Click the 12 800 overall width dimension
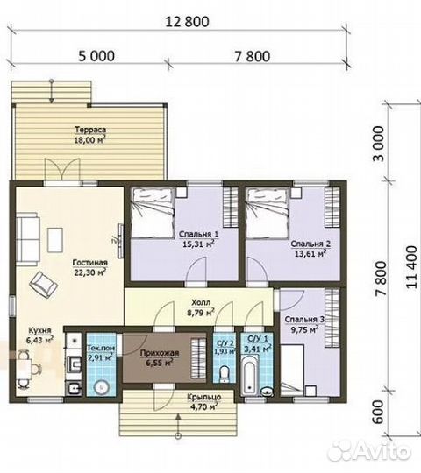(x=187, y=22)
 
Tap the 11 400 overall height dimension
(x=412, y=267)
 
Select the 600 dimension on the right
(x=378, y=412)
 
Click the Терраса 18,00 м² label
(x=90, y=135)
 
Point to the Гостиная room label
(x=90, y=263)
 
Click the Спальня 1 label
(x=199, y=234)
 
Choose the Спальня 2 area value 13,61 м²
(x=310, y=253)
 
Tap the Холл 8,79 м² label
(x=201, y=307)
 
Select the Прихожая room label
(x=160, y=353)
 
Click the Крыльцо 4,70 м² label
(x=203, y=402)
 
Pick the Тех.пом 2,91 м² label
(x=101, y=353)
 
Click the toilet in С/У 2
(x=225, y=374)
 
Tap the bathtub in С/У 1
(x=250, y=377)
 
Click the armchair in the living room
(x=44, y=285)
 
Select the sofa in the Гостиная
(x=28, y=238)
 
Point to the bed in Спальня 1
(x=153, y=213)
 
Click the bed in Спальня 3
(x=292, y=371)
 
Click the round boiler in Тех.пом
(x=101, y=387)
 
